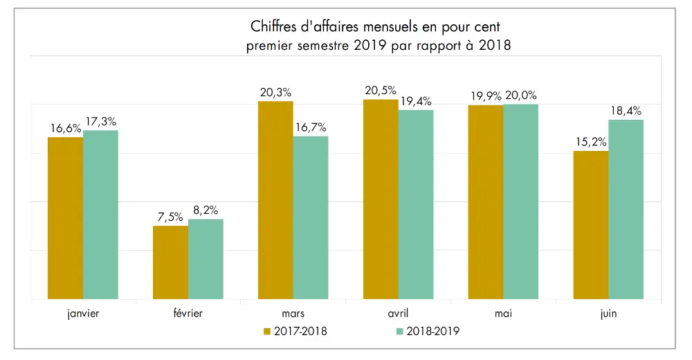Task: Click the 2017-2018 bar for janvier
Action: [x=65, y=218]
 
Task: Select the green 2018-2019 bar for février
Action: [x=206, y=259]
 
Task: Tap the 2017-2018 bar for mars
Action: [x=275, y=200]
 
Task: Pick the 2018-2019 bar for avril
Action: [x=416, y=204]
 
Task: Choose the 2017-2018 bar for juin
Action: [x=590, y=225]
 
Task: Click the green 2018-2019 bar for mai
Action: [x=520, y=201]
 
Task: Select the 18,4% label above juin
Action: [x=625, y=111]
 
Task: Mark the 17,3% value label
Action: [x=102, y=121]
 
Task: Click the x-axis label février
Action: [x=188, y=314]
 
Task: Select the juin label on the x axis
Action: [x=608, y=314]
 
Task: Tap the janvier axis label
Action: [x=82, y=314]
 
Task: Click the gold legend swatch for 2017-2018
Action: [x=267, y=332]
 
